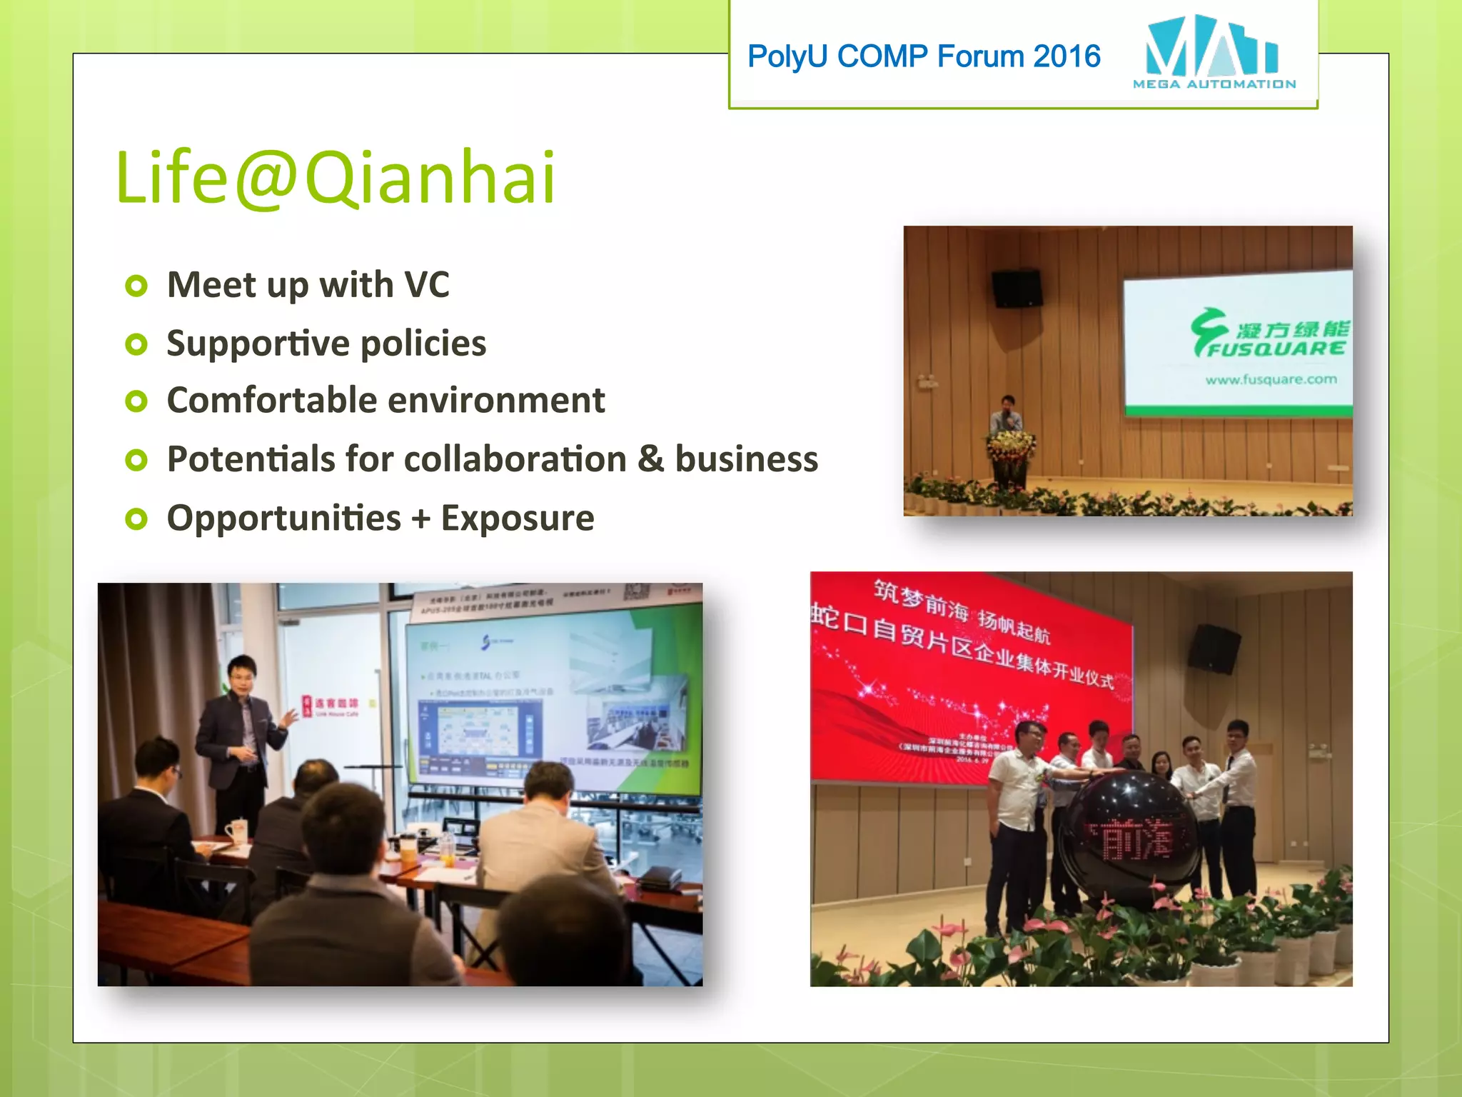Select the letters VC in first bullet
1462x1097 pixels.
tap(427, 284)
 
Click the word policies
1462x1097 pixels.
tap(423, 344)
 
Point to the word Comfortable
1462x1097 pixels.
tap(282, 400)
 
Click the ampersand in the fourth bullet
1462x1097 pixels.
tap(650, 459)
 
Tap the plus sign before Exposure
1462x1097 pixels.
tap(421, 519)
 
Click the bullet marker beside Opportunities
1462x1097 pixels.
tap(136, 519)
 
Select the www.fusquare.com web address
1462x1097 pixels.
tap(1271, 379)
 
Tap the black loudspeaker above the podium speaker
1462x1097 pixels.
tap(1017, 288)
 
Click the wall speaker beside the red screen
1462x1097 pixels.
tap(1214, 648)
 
